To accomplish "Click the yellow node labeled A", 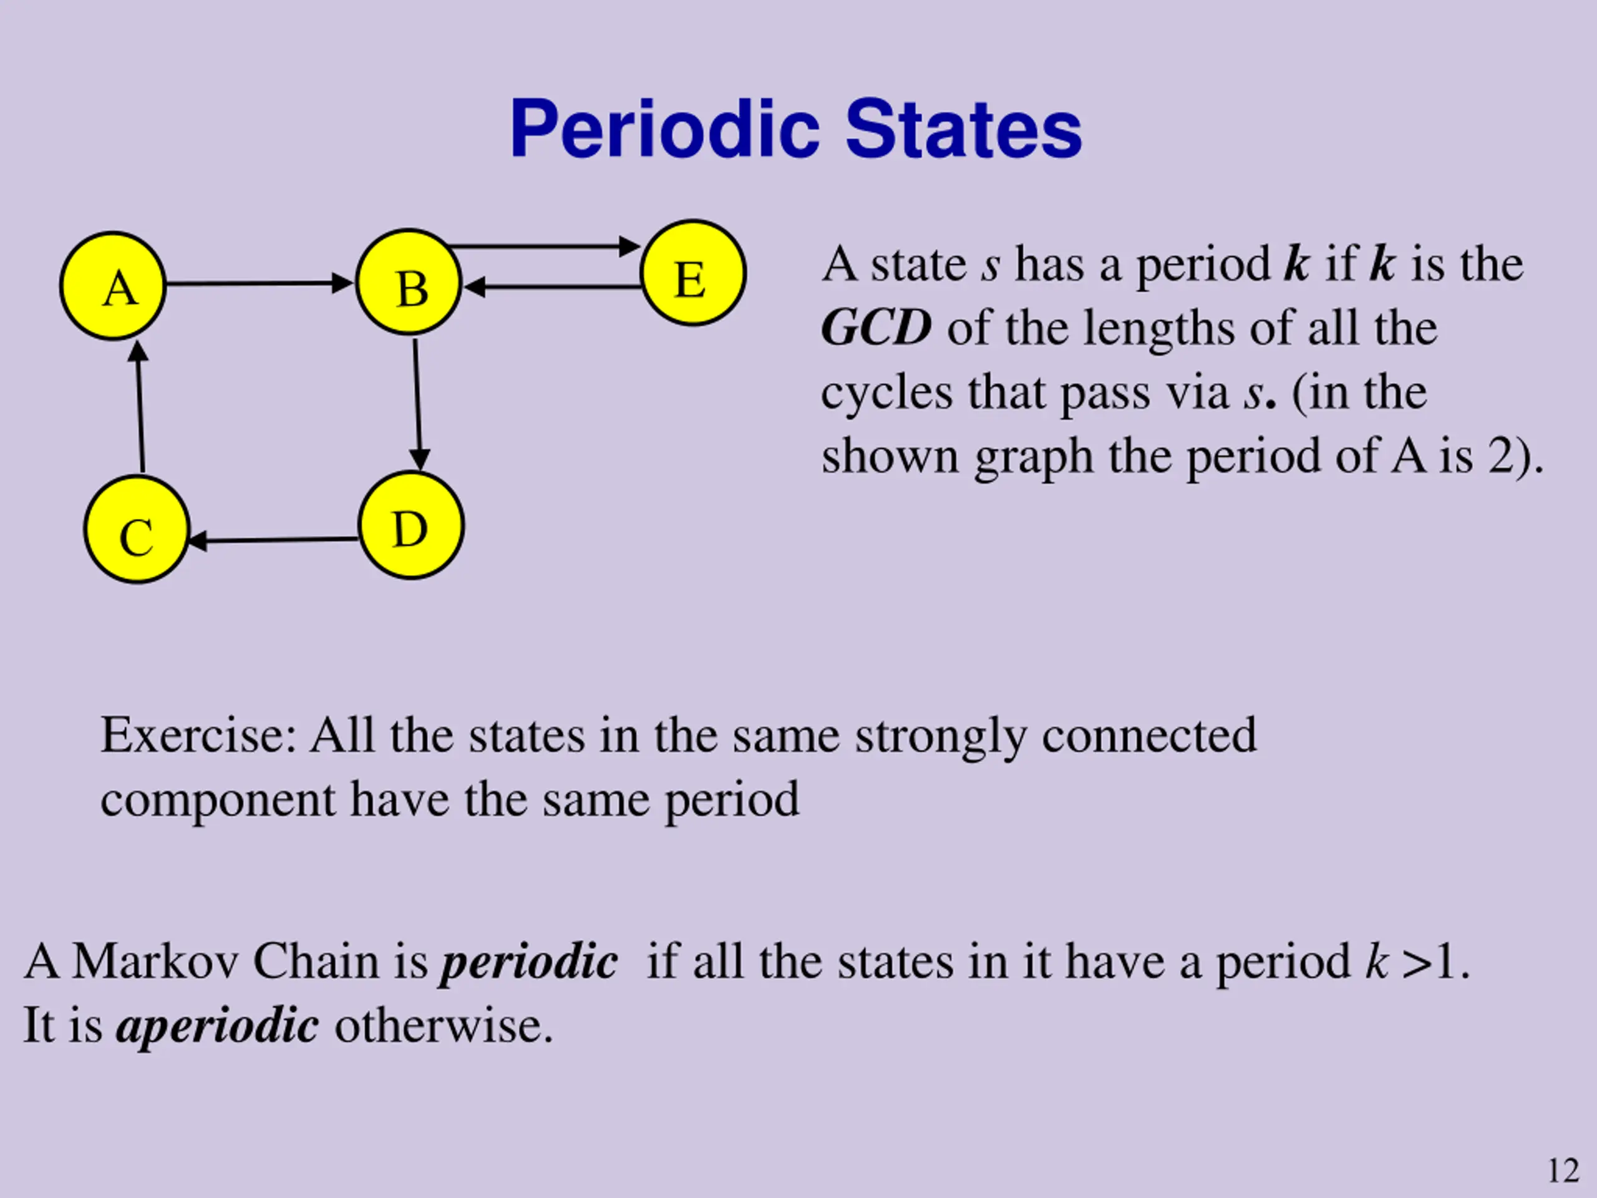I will coord(114,286).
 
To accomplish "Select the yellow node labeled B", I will coord(409,283).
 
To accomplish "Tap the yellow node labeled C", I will coord(137,529).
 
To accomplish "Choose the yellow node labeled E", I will coord(692,273).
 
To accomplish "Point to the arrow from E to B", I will coord(552,288).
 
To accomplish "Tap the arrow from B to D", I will coord(417,404).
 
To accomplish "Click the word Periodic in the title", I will coord(664,130).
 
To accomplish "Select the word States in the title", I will coord(963,130).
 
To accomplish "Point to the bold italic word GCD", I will coord(876,328).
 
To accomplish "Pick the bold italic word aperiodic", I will coord(216,1025).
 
